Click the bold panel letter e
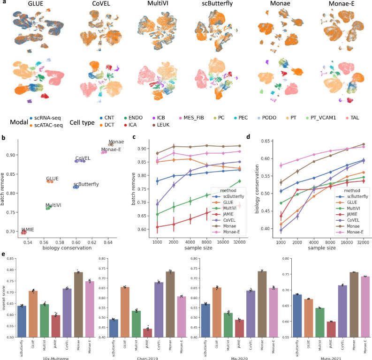[4, 255]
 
